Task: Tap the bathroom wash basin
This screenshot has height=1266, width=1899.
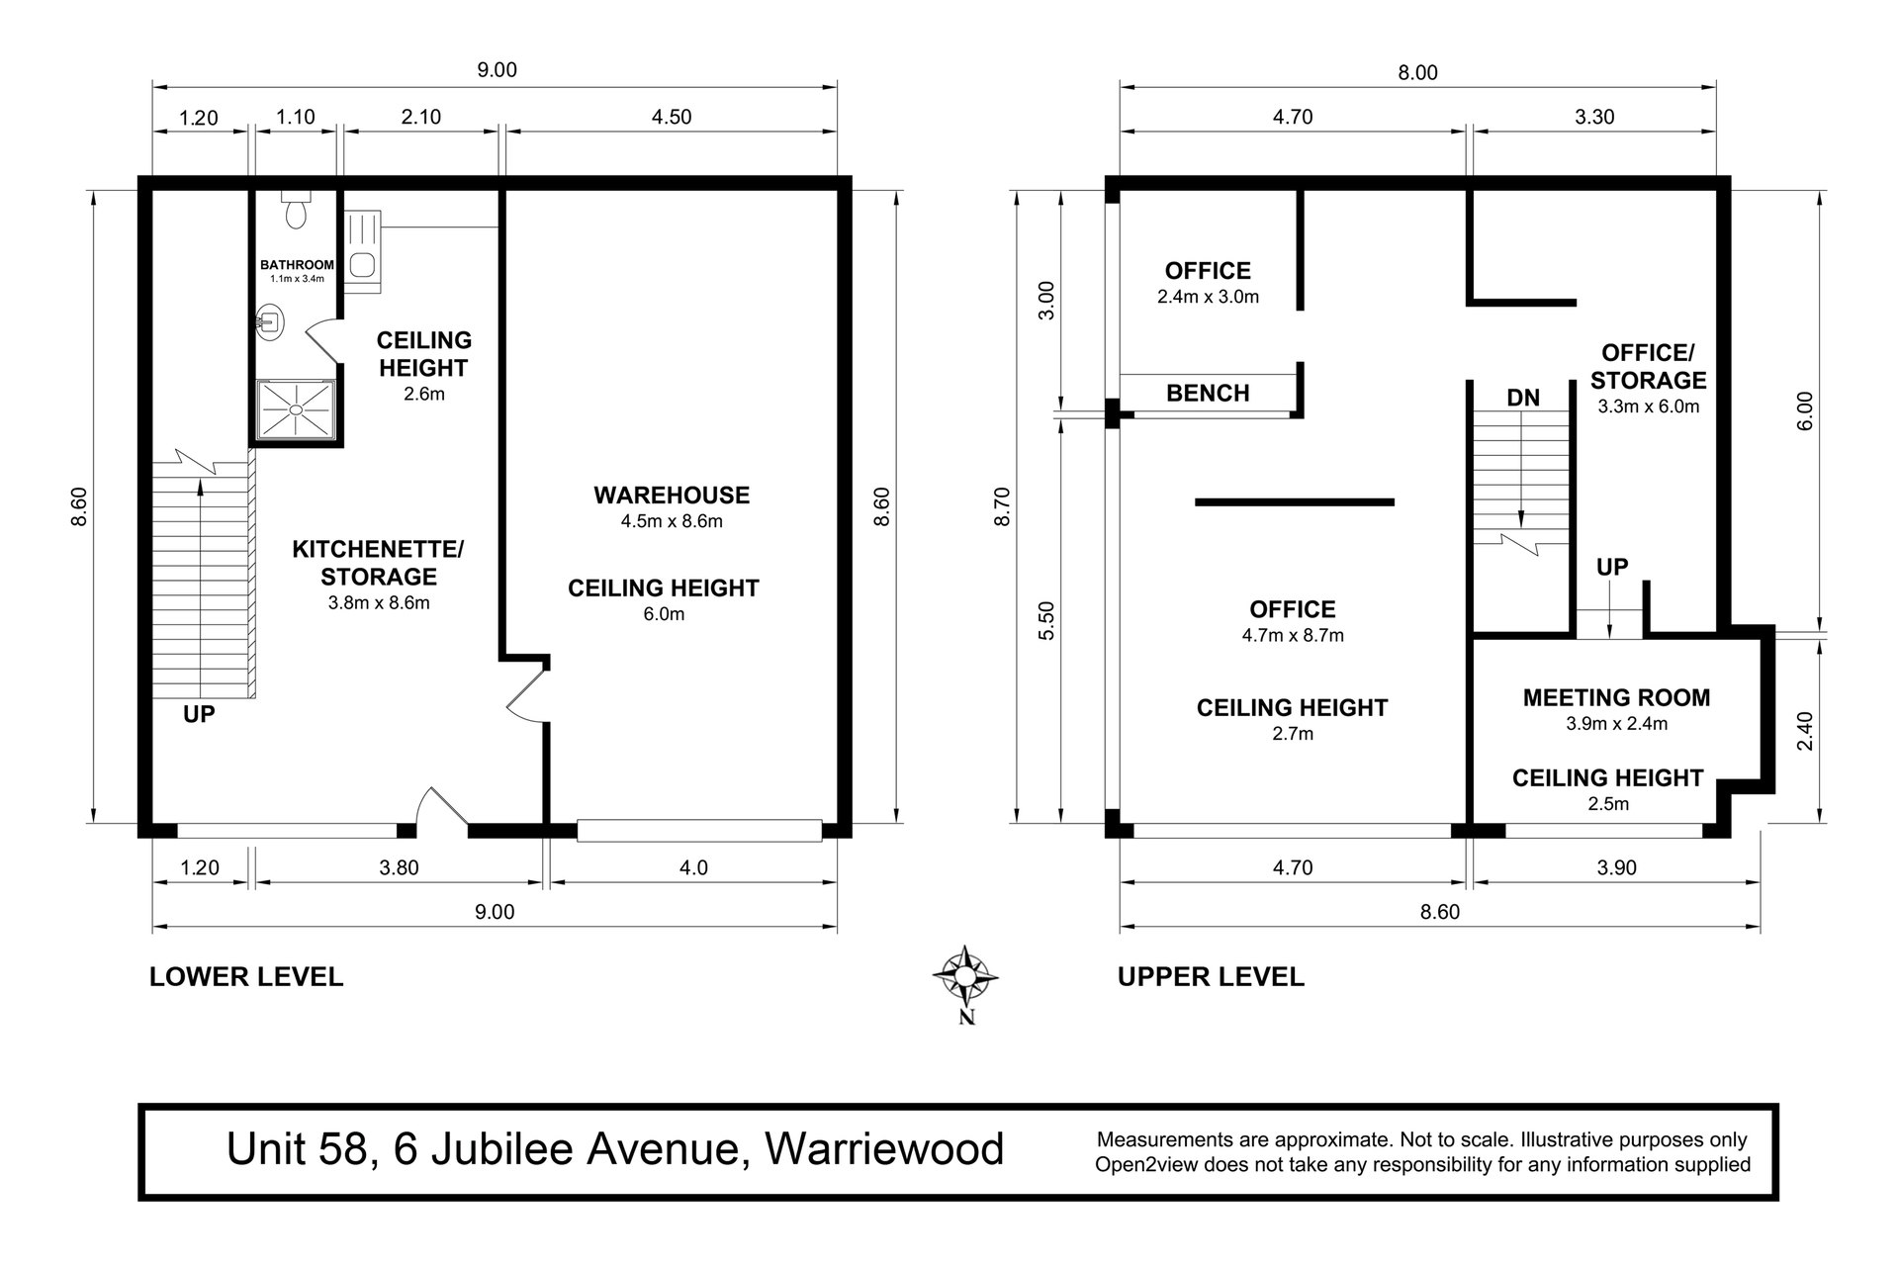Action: click(x=268, y=320)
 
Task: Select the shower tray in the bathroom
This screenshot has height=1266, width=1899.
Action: click(x=296, y=409)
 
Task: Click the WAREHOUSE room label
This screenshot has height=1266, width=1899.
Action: click(x=672, y=495)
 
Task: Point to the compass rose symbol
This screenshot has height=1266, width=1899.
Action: click(x=964, y=976)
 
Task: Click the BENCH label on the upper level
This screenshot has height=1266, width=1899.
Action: click(x=1208, y=393)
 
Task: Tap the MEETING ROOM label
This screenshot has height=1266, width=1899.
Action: click(x=1616, y=697)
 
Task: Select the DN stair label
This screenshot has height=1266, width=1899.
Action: click(x=1523, y=398)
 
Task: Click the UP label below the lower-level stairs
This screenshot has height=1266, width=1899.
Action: click(x=199, y=713)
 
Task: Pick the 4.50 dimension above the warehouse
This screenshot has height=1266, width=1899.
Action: click(x=672, y=117)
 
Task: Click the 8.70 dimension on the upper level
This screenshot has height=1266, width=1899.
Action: click(x=1002, y=505)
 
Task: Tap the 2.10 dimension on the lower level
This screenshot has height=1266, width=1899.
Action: click(x=420, y=117)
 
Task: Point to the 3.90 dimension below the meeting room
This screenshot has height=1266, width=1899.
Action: click(x=1616, y=867)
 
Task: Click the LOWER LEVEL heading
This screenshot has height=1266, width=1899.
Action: click(x=246, y=977)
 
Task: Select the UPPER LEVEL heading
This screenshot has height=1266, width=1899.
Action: click(x=1211, y=977)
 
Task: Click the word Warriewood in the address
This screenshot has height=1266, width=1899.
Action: click(x=885, y=1149)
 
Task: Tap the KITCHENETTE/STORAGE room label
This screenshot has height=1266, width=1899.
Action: click(x=378, y=562)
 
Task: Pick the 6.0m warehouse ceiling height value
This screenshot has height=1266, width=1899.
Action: click(x=664, y=614)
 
